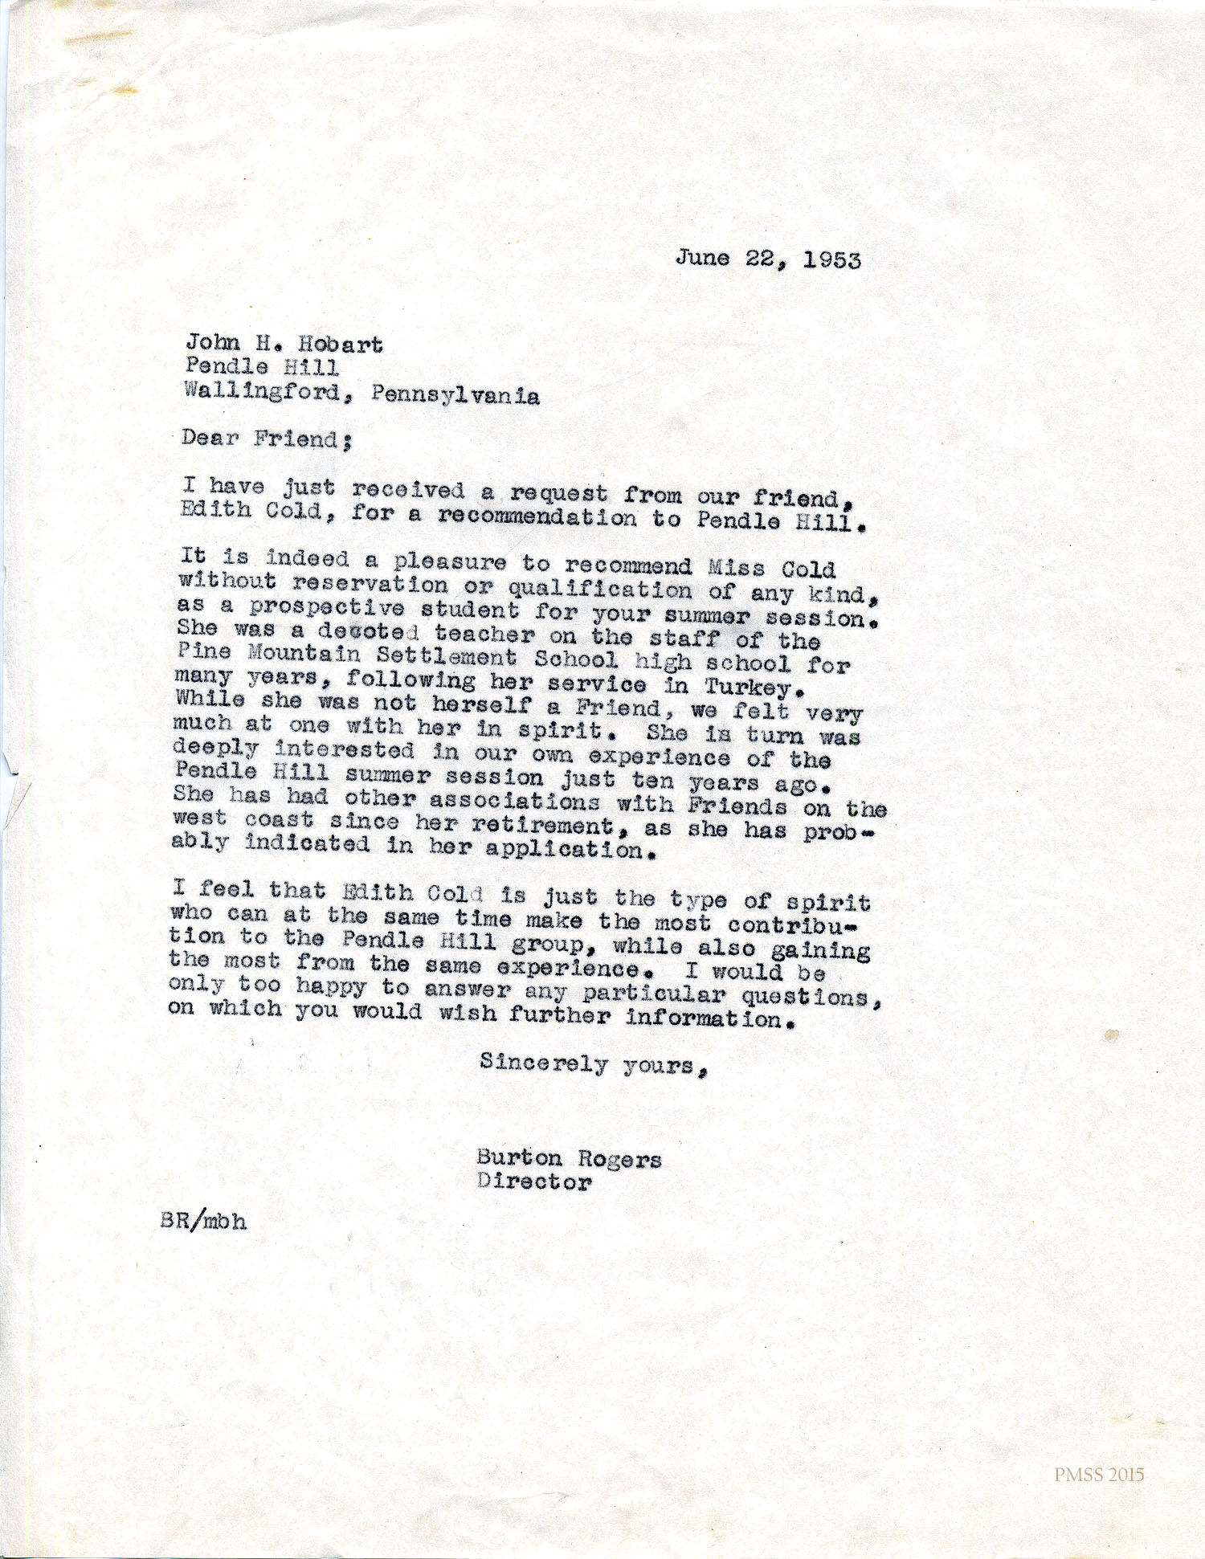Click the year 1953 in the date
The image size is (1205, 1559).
click(831, 260)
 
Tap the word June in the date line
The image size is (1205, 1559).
click(703, 257)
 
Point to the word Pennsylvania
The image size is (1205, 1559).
click(455, 395)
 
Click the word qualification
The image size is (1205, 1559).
click(599, 590)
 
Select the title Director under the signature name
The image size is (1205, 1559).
click(534, 1181)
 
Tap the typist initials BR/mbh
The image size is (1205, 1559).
click(203, 1221)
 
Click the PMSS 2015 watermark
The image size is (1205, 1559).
click(1099, 1475)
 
